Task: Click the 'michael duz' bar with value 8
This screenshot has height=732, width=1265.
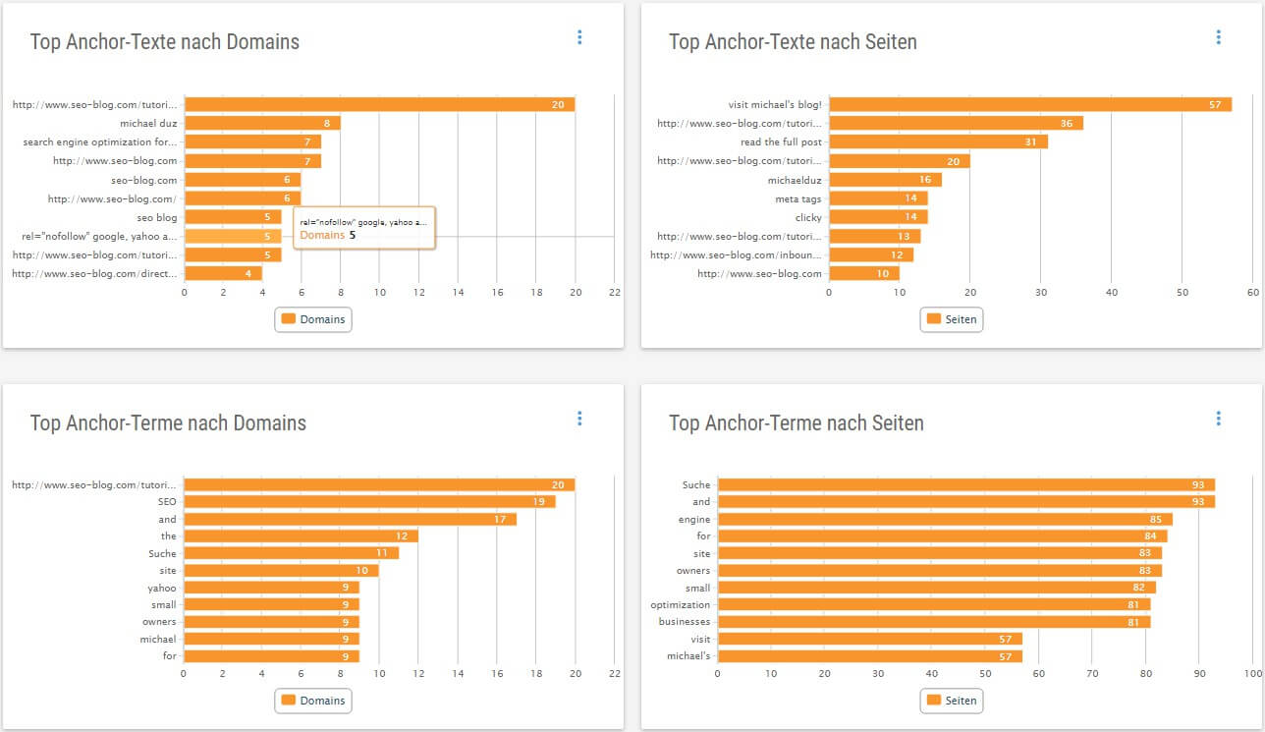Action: click(262, 124)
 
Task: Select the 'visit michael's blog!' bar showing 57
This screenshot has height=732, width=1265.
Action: click(1029, 104)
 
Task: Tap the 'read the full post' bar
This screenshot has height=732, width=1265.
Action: click(938, 142)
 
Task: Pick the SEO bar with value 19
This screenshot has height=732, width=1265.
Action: click(369, 502)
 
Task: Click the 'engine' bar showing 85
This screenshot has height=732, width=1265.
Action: click(945, 519)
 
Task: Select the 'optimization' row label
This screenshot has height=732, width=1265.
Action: click(680, 605)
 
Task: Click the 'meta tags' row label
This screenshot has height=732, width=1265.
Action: click(797, 199)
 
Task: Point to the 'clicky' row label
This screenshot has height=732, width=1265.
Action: click(808, 218)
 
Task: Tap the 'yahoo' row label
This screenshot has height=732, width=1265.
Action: click(162, 588)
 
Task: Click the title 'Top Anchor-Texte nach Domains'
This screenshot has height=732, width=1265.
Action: click(165, 42)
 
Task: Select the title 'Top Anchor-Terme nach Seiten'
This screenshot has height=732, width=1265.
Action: click(796, 423)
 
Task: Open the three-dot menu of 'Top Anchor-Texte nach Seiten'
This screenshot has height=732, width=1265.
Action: click(1218, 37)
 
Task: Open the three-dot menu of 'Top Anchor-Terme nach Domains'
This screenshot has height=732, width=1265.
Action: click(579, 419)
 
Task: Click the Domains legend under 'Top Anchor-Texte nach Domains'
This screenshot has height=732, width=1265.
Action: click(313, 319)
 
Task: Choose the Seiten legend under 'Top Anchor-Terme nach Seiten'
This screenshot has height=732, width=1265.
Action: click(951, 701)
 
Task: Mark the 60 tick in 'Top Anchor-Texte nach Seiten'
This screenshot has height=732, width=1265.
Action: click(1252, 293)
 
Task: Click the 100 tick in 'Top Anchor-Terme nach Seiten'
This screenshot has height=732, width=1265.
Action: click(1252, 674)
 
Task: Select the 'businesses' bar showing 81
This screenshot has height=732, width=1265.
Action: click(933, 622)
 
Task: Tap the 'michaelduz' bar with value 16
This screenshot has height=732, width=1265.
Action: click(885, 180)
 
